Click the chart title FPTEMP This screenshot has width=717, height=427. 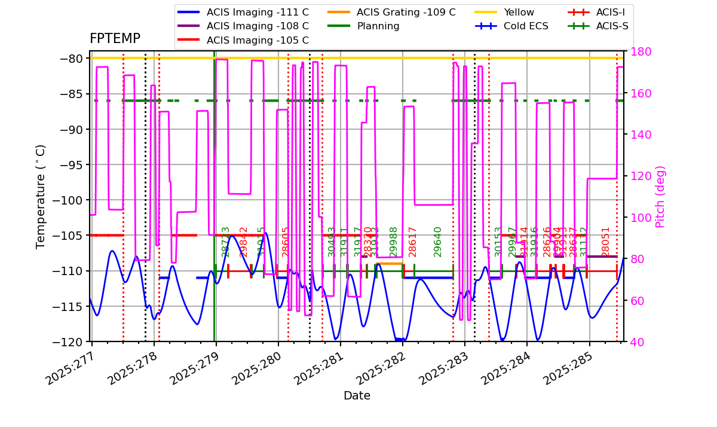click(115, 39)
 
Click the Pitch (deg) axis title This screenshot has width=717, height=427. click(660, 197)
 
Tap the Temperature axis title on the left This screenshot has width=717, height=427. click(41, 197)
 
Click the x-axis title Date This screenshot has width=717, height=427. click(357, 396)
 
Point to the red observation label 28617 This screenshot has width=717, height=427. click(413, 242)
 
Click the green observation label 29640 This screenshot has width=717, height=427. click(438, 242)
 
